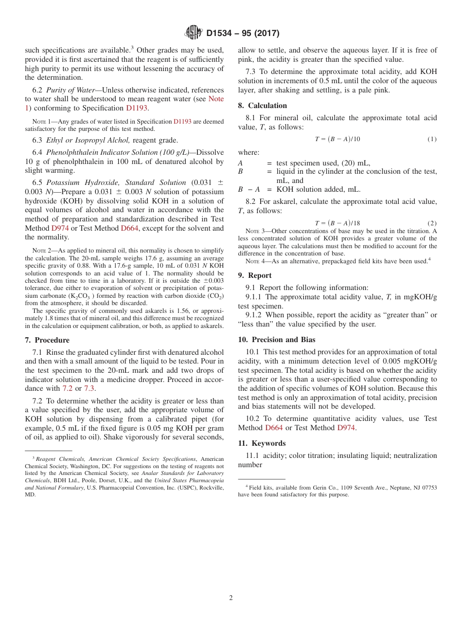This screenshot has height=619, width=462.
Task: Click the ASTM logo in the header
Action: coord(193,33)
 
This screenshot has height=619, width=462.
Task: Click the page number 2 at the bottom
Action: coord(231,598)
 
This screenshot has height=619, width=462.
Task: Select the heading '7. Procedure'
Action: coord(47,340)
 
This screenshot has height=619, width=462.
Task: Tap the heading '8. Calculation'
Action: coord(262,106)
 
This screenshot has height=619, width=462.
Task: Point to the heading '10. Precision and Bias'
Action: coord(276,340)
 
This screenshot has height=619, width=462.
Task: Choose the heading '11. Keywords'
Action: coord(262,443)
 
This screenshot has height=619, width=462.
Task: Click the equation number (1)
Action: coord(432,139)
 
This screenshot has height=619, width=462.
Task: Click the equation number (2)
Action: coord(432,223)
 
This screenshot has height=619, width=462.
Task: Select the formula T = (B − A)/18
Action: coord(337,223)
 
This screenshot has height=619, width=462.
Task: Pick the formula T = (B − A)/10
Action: coord(337,139)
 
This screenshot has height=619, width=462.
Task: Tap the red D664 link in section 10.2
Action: coord(274,428)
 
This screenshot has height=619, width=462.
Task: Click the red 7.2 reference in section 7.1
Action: coord(68,388)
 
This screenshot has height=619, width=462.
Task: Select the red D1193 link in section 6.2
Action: coord(138,108)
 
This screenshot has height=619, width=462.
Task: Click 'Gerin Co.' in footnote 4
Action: coord(301,488)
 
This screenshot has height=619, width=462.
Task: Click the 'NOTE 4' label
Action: coord(254,261)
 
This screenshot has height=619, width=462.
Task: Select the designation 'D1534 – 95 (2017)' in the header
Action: coord(243,33)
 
